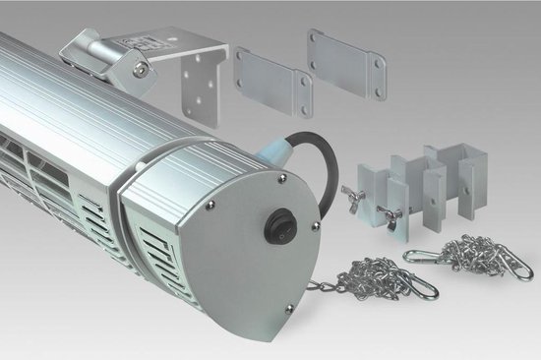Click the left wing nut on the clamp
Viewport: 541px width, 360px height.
pyautogui.click(x=352, y=193)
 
